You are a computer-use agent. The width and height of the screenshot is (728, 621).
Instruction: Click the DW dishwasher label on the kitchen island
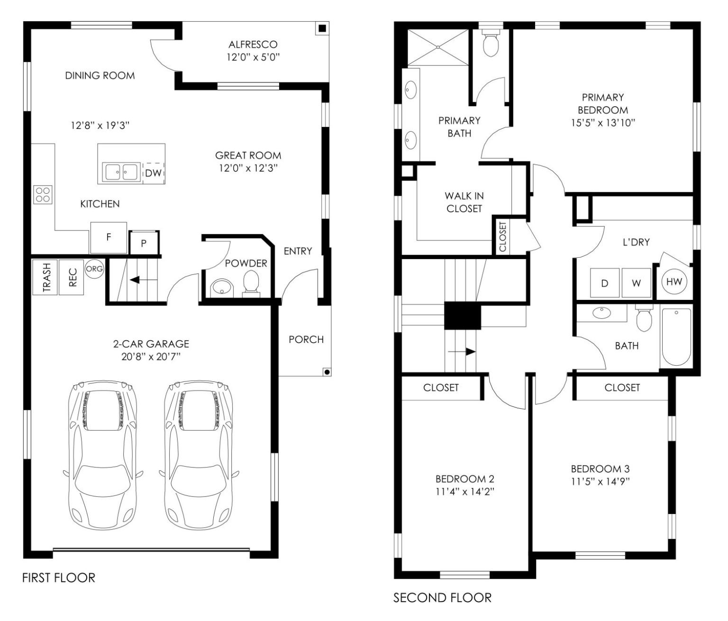[x=153, y=173]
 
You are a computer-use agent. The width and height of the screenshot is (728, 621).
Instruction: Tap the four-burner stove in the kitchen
[x=43, y=195]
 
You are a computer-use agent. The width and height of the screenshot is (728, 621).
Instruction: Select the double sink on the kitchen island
[x=120, y=172]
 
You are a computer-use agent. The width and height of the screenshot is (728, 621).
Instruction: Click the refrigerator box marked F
[x=109, y=237]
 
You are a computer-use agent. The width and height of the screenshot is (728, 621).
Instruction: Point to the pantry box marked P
[x=144, y=243]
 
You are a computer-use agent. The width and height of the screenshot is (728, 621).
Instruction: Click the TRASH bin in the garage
[x=45, y=278]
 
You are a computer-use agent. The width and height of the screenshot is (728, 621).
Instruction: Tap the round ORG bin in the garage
[x=94, y=269]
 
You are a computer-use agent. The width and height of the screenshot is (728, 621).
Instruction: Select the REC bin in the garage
[x=72, y=278]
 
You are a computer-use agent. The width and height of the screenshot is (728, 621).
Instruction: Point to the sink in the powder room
[x=222, y=288]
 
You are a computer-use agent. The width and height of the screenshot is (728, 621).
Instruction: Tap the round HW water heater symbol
[x=674, y=282]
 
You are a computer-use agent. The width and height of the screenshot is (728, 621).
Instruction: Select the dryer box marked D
[x=604, y=283]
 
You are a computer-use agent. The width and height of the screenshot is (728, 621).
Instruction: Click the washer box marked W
[x=636, y=283]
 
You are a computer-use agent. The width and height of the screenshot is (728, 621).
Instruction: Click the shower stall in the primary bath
[x=438, y=47]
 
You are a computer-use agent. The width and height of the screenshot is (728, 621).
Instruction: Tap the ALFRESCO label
[x=253, y=45]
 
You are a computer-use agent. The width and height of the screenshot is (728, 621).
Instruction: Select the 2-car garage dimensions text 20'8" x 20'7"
[x=151, y=357]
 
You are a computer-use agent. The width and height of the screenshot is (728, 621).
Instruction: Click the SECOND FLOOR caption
[x=442, y=598]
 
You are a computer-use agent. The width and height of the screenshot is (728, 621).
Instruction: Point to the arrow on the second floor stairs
[x=461, y=351]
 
